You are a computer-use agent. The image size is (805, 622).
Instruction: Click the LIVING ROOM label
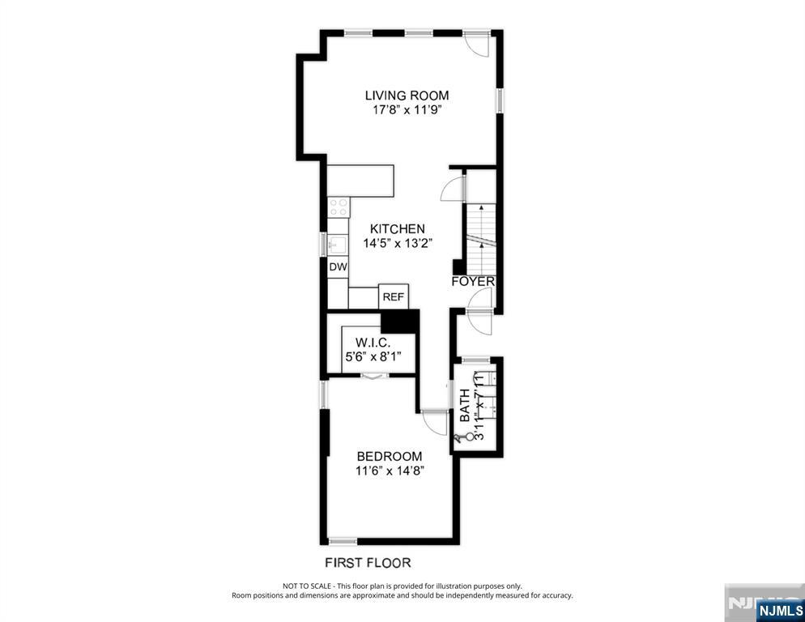click(406, 96)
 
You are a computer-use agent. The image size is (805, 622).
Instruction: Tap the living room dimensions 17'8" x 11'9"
click(406, 110)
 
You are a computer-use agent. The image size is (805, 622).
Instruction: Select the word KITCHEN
click(397, 229)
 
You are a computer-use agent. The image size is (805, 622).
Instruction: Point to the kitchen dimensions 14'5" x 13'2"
click(397, 243)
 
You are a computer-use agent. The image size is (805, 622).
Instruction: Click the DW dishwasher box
click(338, 266)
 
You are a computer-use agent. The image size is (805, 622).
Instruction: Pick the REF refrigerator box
click(394, 297)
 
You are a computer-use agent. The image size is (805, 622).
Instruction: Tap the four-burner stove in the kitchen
click(339, 206)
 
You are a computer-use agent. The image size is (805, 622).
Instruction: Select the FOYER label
click(473, 281)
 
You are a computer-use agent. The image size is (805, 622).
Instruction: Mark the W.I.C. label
click(373, 342)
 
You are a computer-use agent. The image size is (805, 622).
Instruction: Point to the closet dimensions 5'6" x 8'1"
click(373, 356)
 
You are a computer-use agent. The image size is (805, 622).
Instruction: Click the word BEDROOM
click(389, 456)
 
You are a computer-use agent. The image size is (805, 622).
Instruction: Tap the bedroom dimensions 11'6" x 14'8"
click(389, 471)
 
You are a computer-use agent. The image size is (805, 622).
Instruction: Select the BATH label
click(465, 406)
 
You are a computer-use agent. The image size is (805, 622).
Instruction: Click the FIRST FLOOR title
click(368, 562)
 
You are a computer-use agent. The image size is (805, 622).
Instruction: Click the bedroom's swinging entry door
click(435, 423)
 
